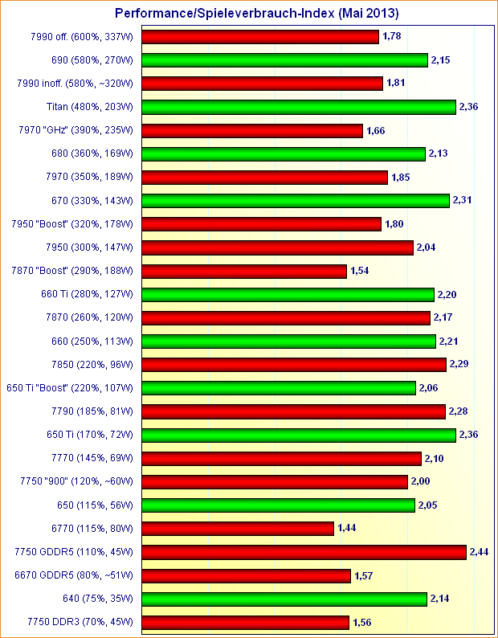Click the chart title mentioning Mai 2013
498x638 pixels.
(x=257, y=14)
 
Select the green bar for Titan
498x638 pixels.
(x=300, y=107)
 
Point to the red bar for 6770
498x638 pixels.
(x=239, y=528)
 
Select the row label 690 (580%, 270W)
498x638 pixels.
(x=91, y=60)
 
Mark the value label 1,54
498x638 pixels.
(x=361, y=271)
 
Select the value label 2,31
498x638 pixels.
(x=463, y=200)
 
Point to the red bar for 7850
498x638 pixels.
(x=295, y=365)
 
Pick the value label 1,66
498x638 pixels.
(x=377, y=130)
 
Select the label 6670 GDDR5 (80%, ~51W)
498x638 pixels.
(x=76, y=575)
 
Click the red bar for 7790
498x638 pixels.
(x=294, y=411)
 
